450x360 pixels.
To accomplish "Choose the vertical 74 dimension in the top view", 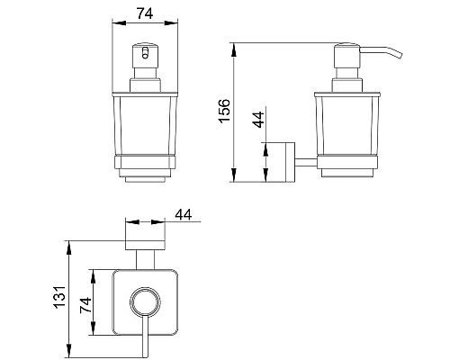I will coord(85,304).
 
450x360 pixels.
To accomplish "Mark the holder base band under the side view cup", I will coord(345,165).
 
